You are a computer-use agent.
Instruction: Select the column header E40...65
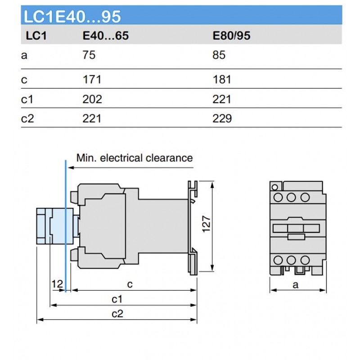click(106, 36)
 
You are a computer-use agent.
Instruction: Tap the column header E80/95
click(231, 36)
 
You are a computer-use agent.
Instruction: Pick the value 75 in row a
click(89, 56)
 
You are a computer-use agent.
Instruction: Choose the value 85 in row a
click(219, 56)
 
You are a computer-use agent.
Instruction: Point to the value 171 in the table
click(92, 80)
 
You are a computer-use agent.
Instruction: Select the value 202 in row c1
click(92, 99)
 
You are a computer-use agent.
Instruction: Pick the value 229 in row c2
click(222, 119)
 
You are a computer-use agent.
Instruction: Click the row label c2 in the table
click(27, 119)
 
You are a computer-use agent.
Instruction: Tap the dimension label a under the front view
click(296, 284)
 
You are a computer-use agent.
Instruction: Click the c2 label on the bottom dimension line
click(117, 314)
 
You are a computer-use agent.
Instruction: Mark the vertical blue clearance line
click(66, 225)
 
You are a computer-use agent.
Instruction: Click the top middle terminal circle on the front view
click(291, 197)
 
